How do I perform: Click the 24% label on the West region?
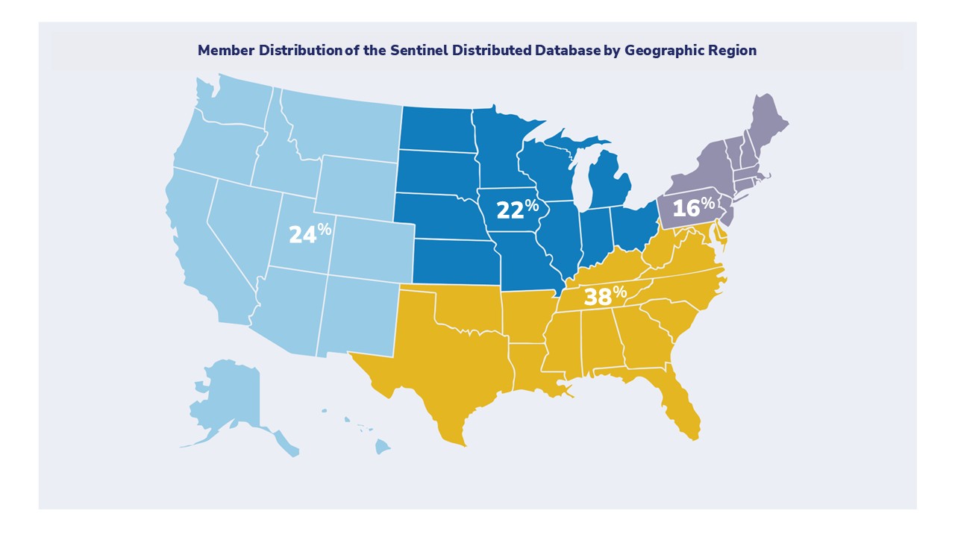coord(309,233)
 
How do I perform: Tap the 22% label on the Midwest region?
coord(516,210)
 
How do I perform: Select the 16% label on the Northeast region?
coord(692,207)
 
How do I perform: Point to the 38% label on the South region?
coord(604,296)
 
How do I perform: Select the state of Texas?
coord(440,365)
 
